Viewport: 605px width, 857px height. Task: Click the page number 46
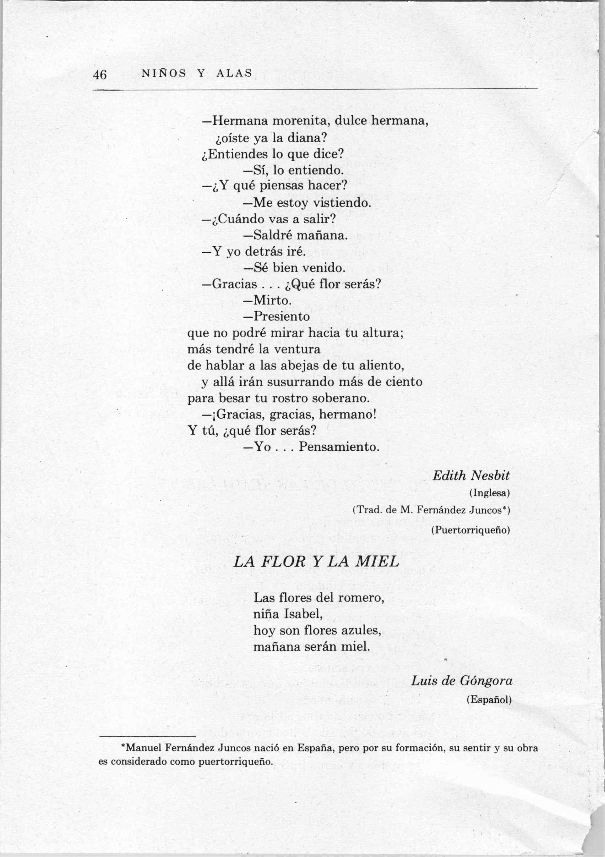click(x=100, y=75)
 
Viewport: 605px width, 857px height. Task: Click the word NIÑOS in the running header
click(x=164, y=74)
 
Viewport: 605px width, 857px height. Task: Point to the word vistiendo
click(x=342, y=203)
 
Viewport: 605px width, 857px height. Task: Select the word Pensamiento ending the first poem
click(x=339, y=447)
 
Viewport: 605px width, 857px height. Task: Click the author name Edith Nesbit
click(x=471, y=476)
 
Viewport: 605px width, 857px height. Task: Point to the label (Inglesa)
click(x=489, y=493)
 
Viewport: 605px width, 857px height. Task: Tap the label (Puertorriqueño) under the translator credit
click(x=470, y=530)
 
